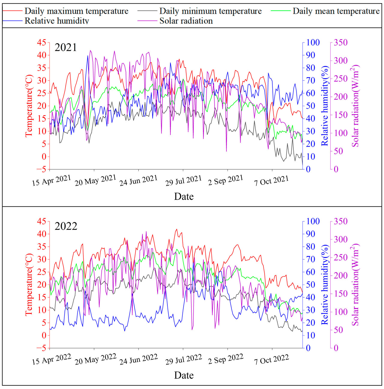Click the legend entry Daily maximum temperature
point(76,11)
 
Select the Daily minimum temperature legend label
point(210,11)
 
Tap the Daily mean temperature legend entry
point(336,11)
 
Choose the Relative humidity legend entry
point(57,21)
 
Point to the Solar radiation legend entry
point(186,21)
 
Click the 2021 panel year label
point(66,47)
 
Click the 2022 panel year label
point(66,226)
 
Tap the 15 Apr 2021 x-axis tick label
point(52,180)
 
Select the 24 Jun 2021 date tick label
point(138,180)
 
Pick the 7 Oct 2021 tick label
point(271,180)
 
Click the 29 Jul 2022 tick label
point(184,359)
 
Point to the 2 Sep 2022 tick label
point(226,359)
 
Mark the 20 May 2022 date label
point(95,359)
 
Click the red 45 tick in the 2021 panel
point(42,43)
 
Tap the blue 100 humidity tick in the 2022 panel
point(313,221)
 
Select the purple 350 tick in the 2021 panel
point(341,43)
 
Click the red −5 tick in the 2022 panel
point(42,348)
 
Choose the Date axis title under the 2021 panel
point(184,196)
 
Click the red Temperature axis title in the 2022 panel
point(29,284)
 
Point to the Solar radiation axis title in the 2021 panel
point(355,106)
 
